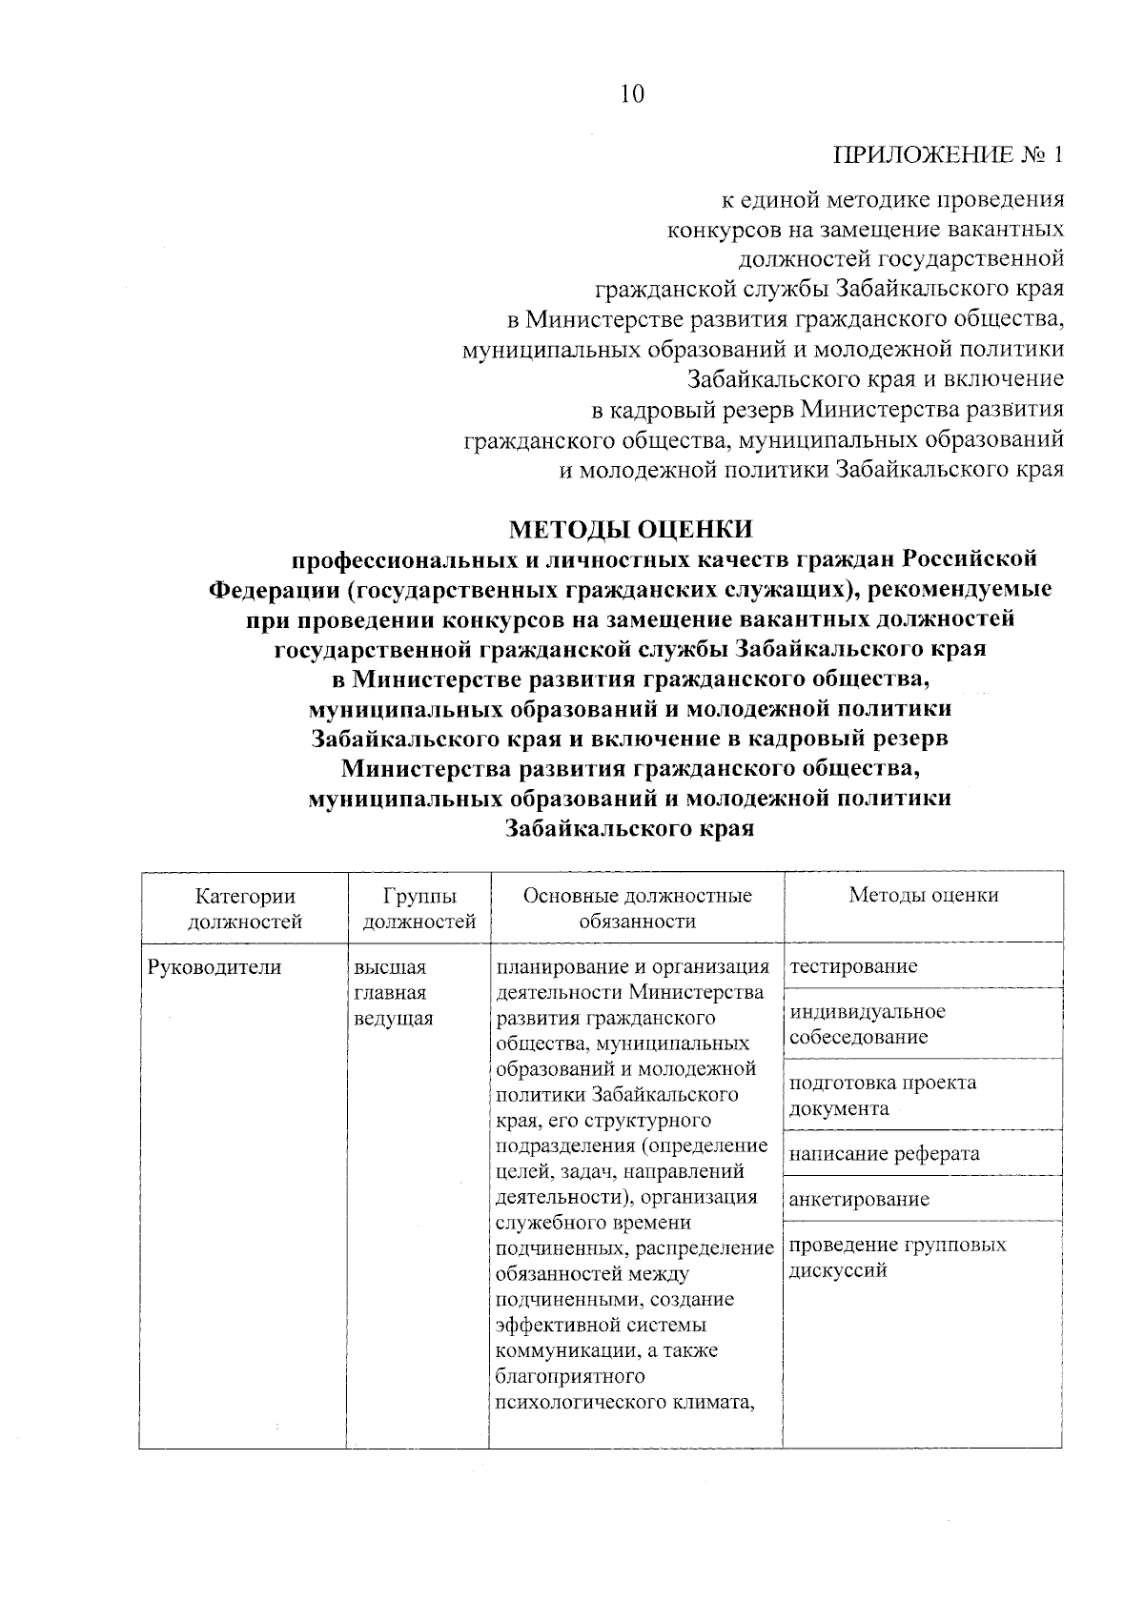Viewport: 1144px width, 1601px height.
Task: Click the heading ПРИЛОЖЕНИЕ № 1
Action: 948,155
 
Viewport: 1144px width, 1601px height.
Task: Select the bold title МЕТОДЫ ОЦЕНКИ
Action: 630,528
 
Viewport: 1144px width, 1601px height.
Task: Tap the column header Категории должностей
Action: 245,908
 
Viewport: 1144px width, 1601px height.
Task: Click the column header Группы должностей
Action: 419,908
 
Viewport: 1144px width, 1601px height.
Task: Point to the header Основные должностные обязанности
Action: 637,908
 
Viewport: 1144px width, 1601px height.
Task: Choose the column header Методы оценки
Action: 923,896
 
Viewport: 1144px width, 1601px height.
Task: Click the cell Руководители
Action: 214,967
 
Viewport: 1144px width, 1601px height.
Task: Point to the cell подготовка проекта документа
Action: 882,1095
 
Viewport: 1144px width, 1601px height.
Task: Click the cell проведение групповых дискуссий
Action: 897,1257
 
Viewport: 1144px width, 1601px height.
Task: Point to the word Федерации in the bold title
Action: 273,589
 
